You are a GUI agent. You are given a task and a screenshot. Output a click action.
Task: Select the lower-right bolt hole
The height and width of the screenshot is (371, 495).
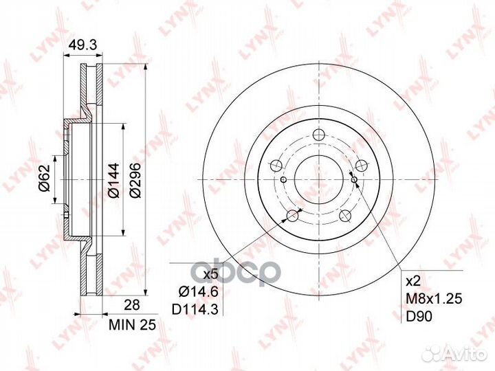[x=344, y=216]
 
